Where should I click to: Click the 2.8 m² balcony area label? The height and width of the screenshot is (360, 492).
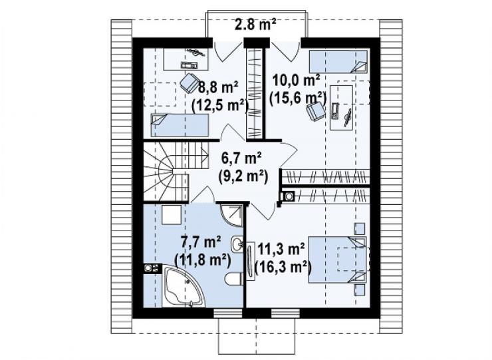point(256,24)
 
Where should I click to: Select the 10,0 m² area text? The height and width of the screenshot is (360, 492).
point(297,80)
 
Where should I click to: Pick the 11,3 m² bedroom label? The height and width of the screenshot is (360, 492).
point(281,249)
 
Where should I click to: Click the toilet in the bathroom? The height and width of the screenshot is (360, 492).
point(234,279)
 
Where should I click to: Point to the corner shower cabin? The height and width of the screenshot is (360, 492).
point(231,215)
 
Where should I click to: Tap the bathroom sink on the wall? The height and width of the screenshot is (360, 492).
point(237,244)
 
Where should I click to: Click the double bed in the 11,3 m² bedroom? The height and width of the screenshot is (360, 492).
point(338,260)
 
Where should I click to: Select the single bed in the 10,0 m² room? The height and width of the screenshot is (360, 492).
point(338,61)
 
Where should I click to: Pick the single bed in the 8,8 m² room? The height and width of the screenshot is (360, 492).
point(180,124)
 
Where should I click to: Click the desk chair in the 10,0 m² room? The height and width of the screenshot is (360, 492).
point(315,111)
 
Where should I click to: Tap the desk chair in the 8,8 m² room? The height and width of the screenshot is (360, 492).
point(189,83)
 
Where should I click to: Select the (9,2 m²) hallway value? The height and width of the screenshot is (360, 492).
point(243,176)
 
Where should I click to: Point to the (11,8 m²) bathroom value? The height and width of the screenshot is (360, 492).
point(202,260)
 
